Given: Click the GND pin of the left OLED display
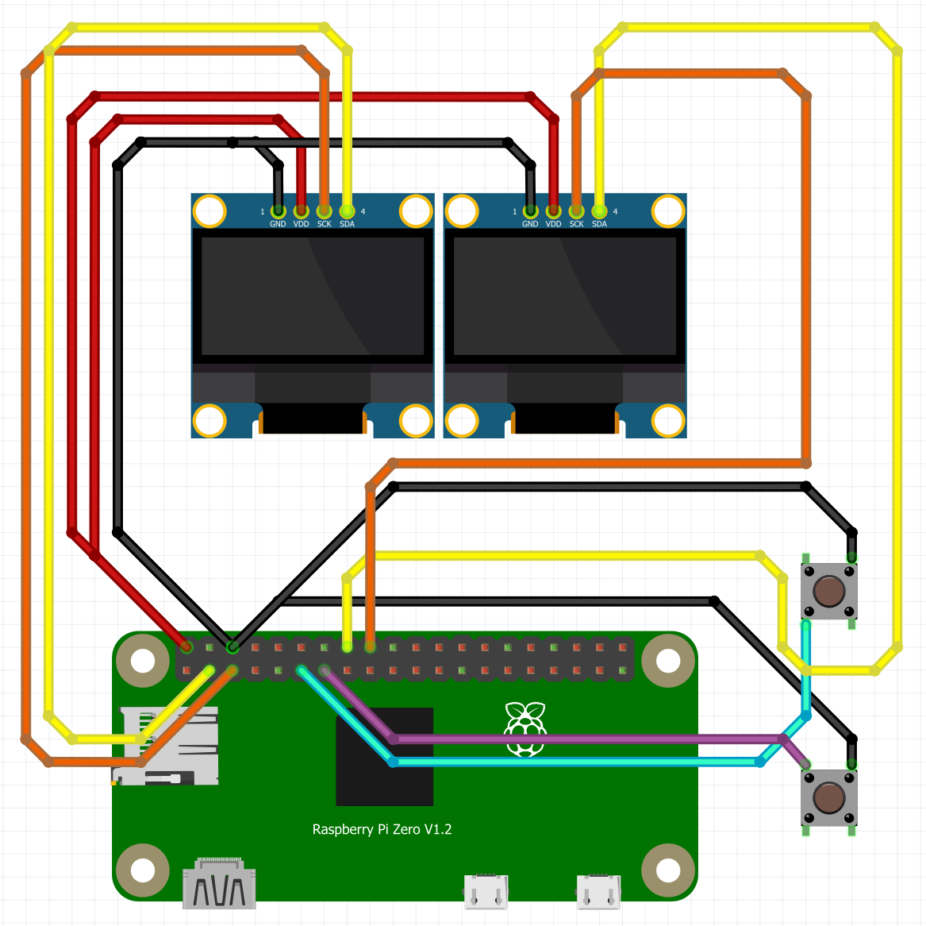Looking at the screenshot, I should (278, 211).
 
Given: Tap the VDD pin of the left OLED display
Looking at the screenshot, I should (301, 211).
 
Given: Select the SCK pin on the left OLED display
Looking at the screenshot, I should (324, 211).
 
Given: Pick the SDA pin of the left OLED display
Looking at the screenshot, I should (347, 211).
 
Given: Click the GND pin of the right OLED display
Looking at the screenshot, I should (530, 211).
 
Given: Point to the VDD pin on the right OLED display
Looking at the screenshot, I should (553, 211).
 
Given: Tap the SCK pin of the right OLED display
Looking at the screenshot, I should (576, 211).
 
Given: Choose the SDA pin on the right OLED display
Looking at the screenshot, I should (599, 211).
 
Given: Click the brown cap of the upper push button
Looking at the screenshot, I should (828, 591).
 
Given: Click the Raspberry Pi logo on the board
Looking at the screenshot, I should (525, 728).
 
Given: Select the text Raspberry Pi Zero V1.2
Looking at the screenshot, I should (382, 829).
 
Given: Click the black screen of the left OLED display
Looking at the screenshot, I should (312, 295).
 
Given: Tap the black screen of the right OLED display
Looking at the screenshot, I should (564, 295).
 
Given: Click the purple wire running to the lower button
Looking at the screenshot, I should (587, 739).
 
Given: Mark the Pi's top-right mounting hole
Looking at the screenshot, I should (668, 660).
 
